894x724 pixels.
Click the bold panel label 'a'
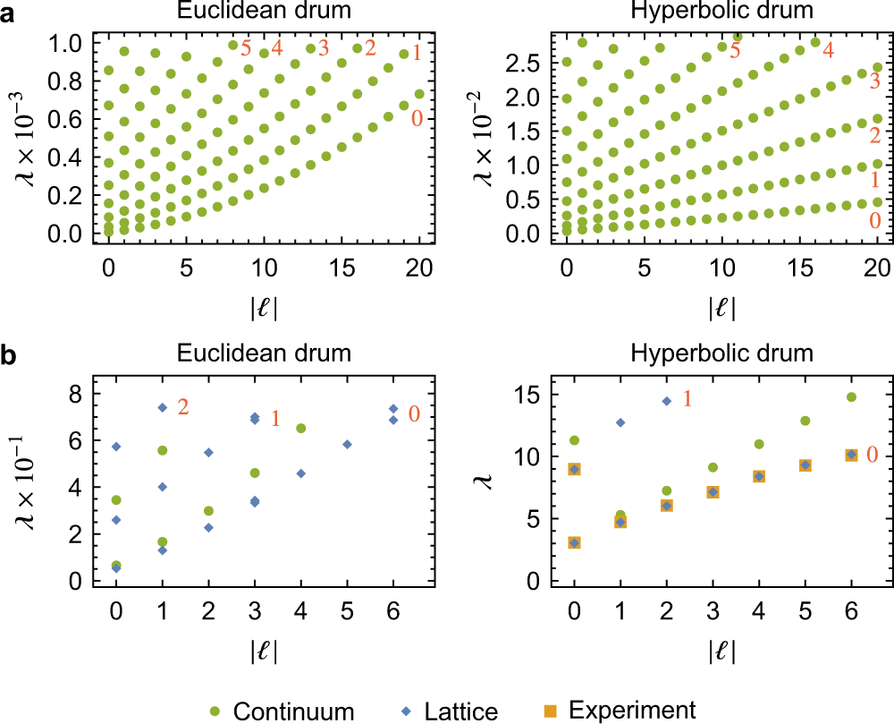tap(10, 13)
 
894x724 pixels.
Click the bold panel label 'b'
tap(10, 354)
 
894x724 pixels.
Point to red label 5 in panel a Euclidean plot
tap(246, 48)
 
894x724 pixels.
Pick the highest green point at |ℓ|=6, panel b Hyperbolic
tap(851, 397)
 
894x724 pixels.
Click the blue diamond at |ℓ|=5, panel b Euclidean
tap(347, 445)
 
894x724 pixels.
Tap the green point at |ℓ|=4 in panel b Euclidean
tap(301, 429)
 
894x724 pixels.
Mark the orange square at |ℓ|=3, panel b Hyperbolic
tap(713, 492)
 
